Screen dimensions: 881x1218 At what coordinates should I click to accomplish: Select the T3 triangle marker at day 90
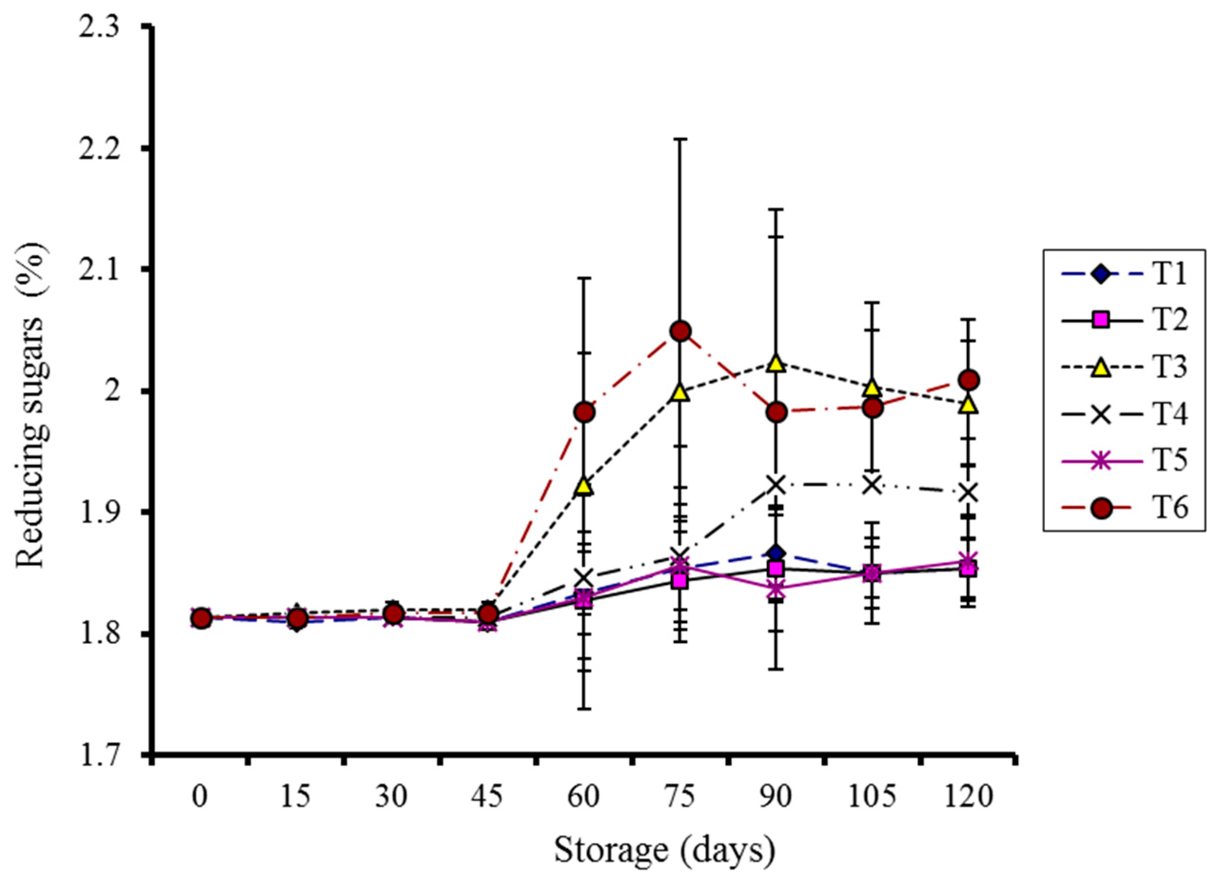776,363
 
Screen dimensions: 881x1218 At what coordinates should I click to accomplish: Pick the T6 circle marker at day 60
584,412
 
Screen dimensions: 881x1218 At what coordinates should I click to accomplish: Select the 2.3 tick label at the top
108,27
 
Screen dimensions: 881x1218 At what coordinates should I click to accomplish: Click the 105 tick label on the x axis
872,797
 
